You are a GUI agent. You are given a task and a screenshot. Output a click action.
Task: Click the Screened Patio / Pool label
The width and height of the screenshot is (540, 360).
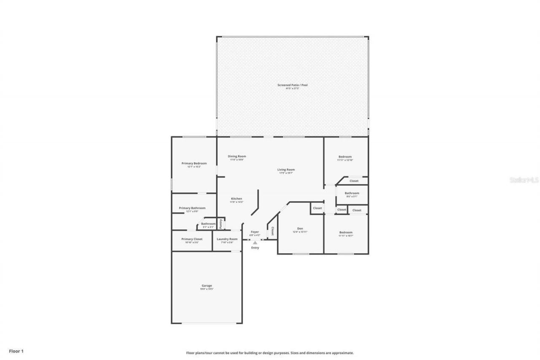pyautogui.click(x=292, y=85)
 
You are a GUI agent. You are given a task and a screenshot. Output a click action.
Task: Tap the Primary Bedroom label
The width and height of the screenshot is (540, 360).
pyautogui.click(x=194, y=163)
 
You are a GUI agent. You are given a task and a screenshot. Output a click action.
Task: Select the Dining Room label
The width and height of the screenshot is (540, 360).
pyautogui.click(x=237, y=157)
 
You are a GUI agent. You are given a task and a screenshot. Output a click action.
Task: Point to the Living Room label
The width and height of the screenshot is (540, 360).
pyautogui.click(x=286, y=170)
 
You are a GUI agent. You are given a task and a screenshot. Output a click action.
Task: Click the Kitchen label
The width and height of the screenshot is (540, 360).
pyautogui.click(x=236, y=199)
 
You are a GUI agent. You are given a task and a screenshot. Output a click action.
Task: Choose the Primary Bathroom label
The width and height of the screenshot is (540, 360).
pyautogui.click(x=192, y=208)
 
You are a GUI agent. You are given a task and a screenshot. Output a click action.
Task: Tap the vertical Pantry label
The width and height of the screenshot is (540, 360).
pyautogui.click(x=221, y=224)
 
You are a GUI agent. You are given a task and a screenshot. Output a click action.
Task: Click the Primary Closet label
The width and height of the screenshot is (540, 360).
pyautogui.click(x=192, y=239)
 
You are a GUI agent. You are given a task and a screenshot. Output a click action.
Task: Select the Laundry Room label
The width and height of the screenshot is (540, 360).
pyautogui.click(x=227, y=239)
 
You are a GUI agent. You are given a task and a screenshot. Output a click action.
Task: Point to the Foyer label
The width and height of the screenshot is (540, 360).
pyautogui.click(x=255, y=232)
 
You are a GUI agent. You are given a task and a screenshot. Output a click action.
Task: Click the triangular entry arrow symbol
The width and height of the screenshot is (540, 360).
pyautogui.click(x=255, y=243)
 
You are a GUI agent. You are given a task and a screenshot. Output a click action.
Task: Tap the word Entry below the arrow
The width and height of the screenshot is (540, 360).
pyautogui.click(x=255, y=248)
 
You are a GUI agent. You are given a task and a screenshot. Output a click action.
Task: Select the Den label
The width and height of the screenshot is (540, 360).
pyautogui.click(x=300, y=229)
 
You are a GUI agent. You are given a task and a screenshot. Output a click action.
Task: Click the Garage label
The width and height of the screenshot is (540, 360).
pyautogui.click(x=207, y=286)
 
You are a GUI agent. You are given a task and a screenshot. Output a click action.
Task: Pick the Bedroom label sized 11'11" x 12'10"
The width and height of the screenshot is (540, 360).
pyautogui.click(x=345, y=157)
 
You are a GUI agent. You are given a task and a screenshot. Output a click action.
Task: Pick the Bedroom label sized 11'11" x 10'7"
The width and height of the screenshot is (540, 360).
pyautogui.click(x=346, y=233)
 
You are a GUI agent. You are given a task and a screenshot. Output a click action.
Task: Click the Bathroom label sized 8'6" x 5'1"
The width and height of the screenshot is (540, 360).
pyautogui.click(x=352, y=193)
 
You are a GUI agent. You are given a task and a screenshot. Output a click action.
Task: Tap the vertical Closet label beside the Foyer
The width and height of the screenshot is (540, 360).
pyautogui.click(x=273, y=231)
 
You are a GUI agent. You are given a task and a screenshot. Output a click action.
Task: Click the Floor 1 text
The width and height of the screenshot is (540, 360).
pyautogui.click(x=16, y=351)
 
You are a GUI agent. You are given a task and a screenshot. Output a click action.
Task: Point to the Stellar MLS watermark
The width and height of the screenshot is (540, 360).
pyautogui.click(x=524, y=180)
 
